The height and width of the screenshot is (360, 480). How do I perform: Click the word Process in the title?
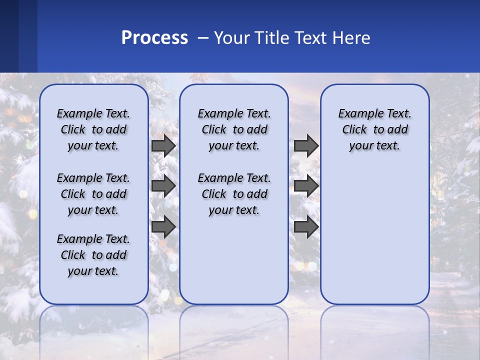[x=154, y=38]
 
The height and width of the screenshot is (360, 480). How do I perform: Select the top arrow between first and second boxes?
[x=163, y=146]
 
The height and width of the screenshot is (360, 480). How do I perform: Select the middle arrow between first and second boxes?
[x=163, y=186]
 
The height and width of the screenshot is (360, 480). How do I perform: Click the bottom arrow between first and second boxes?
[x=163, y=227]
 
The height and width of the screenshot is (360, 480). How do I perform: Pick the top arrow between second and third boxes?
[x=306, y=146]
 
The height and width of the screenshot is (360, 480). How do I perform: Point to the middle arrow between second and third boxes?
[x=306, y=186]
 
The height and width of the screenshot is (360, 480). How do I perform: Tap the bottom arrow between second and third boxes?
[x=306, y=227]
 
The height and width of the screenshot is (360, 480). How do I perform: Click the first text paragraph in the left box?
[x=93, y=129]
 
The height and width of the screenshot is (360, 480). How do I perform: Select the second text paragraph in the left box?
[x=93, y=194]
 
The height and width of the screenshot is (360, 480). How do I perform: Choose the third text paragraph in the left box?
[x=93, y=255]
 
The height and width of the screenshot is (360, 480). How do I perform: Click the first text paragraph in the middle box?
[x=234, y=129]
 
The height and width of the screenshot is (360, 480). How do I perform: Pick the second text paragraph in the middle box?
[x=234, y=194]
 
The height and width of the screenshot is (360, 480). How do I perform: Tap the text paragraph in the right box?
[x=374, y=129]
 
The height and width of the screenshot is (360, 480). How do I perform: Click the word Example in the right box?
[x=356, y=114]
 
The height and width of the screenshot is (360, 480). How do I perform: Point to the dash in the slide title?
[x=203, y=38]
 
